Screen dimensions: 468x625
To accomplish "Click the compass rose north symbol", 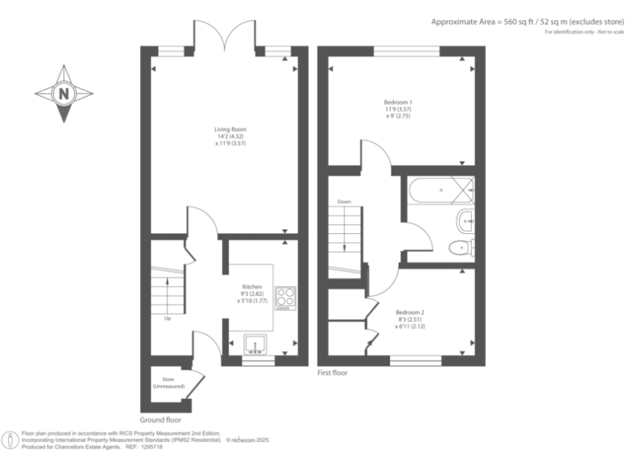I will pyautogui.click(x=63, y=94).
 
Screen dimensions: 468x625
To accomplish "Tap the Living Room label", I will pyautogui.click(x=229, y=136).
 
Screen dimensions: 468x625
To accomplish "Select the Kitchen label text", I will pyautogui.click(x=251, y=293).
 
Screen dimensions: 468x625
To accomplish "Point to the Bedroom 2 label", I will pyautogui.click(x=410, y=318).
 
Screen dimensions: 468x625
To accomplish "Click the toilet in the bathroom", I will pyautogui.click(x=464, y=248).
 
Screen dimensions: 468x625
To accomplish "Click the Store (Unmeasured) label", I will pyautogui.click(x=168, y=382).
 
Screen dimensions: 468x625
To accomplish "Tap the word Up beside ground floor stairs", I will pyautogui.click(x=168, y=318).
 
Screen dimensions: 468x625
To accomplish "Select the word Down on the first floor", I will pyautogui.click(x=343, y=202).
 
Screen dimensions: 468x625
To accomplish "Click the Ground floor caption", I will pyautogui.click(x=160, y=420).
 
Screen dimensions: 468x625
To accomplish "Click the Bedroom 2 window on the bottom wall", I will pyautogui.click(x=415, y=358).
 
